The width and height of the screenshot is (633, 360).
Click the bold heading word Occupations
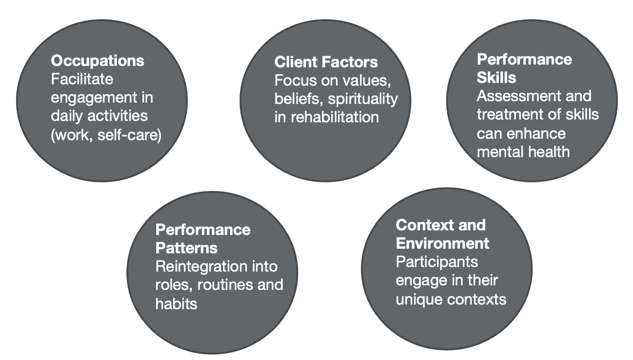pyautogui.click(x=98, y=61)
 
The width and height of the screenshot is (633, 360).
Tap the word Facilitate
pyautogui.click(x=82, y=79)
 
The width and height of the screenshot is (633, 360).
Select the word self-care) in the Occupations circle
pyautogui.click(x=130, y=135)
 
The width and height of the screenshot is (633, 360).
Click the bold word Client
pyautogui.click(x=295, y=62)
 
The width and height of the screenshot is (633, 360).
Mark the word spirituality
pyautogui.click(x=363, y=99)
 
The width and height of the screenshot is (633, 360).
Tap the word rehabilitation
pyautogui.click(x=335, y=117)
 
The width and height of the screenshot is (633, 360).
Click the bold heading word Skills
pyautogui.click(x=496, y=77)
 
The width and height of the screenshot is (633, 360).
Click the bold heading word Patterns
pyautogui.click(x=186, y=248)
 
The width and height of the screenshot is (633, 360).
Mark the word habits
pyautogui.click(x=176, y=304)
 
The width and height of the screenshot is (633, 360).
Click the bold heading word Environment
pyautogui.click(x=442, y=243)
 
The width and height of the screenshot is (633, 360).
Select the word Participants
pyautogui.click(x=437, y=262)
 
